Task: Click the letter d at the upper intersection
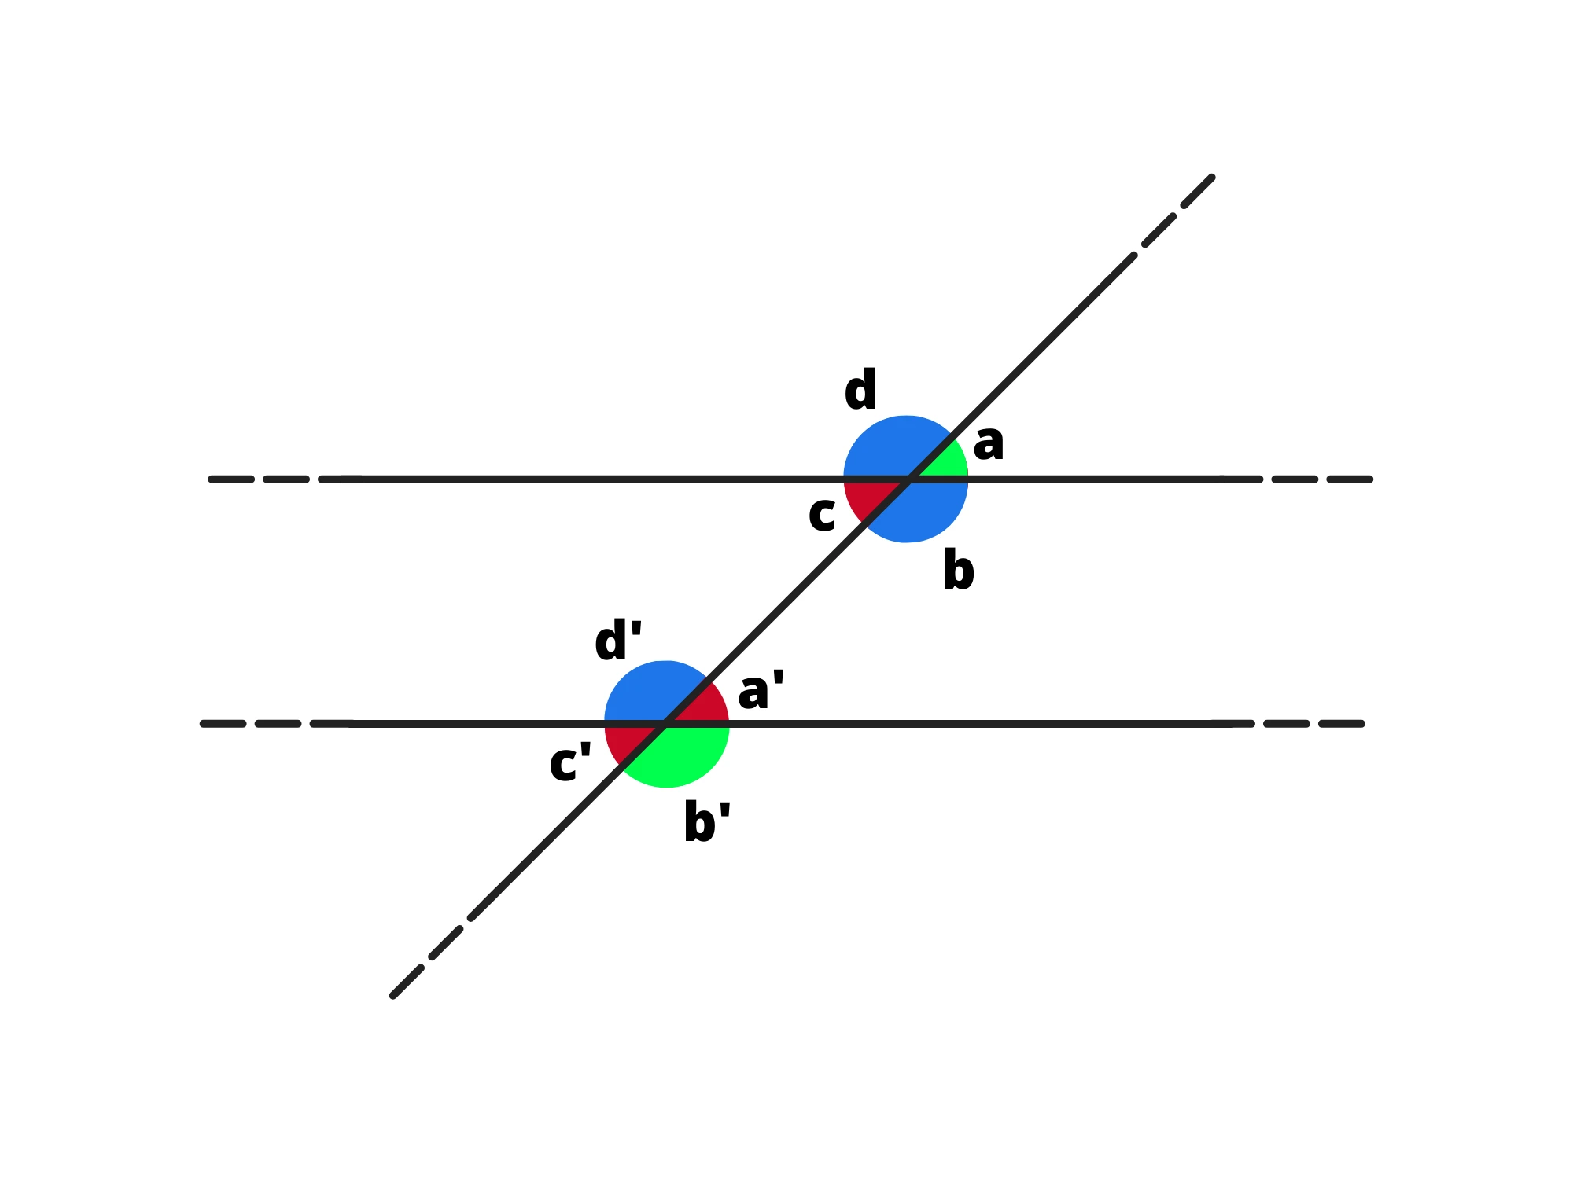(x=860, y=390)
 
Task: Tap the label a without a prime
(x=989, y=443)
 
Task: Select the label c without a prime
(x=822, y=515)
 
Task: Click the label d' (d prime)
(x=618, y=640)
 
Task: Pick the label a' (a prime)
(x=761, y=690)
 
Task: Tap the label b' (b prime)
(x=707, y=821)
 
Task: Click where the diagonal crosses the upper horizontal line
(x=909, y=479)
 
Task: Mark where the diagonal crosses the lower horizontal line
(x=666, y=724)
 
